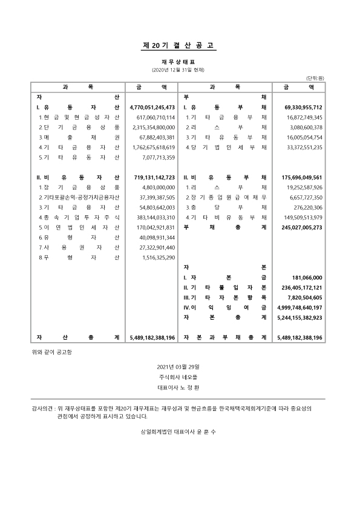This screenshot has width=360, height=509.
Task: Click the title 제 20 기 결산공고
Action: click(x=180, y=46)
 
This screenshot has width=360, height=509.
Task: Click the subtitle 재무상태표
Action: click(x=180, y=62)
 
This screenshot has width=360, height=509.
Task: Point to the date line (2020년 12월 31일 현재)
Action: click(x=180, y=70)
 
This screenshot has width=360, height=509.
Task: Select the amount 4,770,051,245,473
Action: click(x=152, y=107)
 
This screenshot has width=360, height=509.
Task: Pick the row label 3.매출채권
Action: click(x=79, y=137)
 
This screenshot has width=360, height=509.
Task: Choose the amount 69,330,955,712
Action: click(x=299, y=107)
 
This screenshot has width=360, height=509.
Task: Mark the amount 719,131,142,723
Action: click(x=154, y=178)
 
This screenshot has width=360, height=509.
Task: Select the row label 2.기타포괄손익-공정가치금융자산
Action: click(x=79, y=198)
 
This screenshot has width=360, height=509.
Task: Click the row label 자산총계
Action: click(x=79, y=337)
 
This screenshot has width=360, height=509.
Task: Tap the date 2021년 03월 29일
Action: click(x=180, y=366)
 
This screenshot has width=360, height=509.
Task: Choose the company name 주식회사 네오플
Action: click(x=180, y=376)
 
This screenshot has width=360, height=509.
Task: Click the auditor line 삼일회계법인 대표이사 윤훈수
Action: click(x=180, y=433)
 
